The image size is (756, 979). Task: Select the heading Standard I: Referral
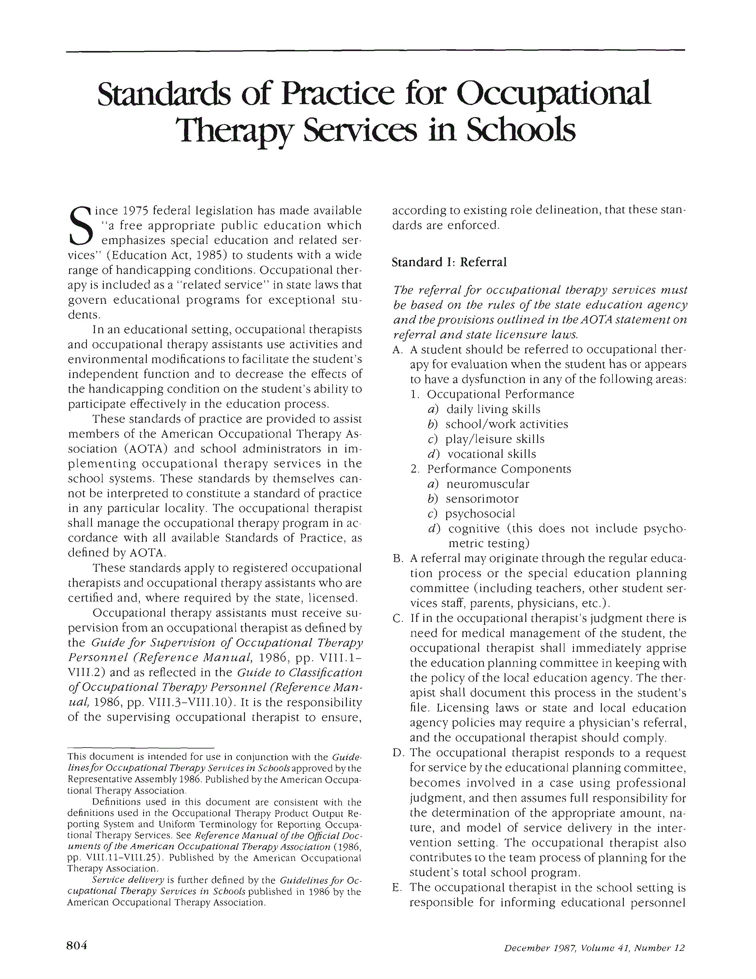point(449,262)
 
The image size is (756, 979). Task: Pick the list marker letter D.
point(396,753)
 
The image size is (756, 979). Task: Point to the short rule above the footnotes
point(140,748)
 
